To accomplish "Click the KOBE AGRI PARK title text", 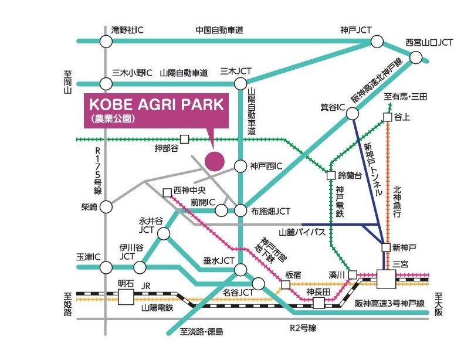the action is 157,105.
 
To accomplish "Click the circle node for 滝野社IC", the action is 106,41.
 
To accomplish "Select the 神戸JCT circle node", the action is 377,41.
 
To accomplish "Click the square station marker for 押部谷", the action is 184,140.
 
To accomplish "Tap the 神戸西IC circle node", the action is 240,167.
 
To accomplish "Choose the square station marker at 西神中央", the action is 167,192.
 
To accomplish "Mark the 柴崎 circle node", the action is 106,206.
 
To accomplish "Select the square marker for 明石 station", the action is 126,297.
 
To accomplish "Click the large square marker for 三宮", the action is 387,279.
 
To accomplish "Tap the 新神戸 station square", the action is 385,247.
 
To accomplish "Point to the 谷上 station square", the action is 387,117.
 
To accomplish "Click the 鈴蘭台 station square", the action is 331,175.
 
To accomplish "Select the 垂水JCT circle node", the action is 240,269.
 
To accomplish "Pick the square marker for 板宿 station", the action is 285,285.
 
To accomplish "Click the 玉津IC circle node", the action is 106,268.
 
